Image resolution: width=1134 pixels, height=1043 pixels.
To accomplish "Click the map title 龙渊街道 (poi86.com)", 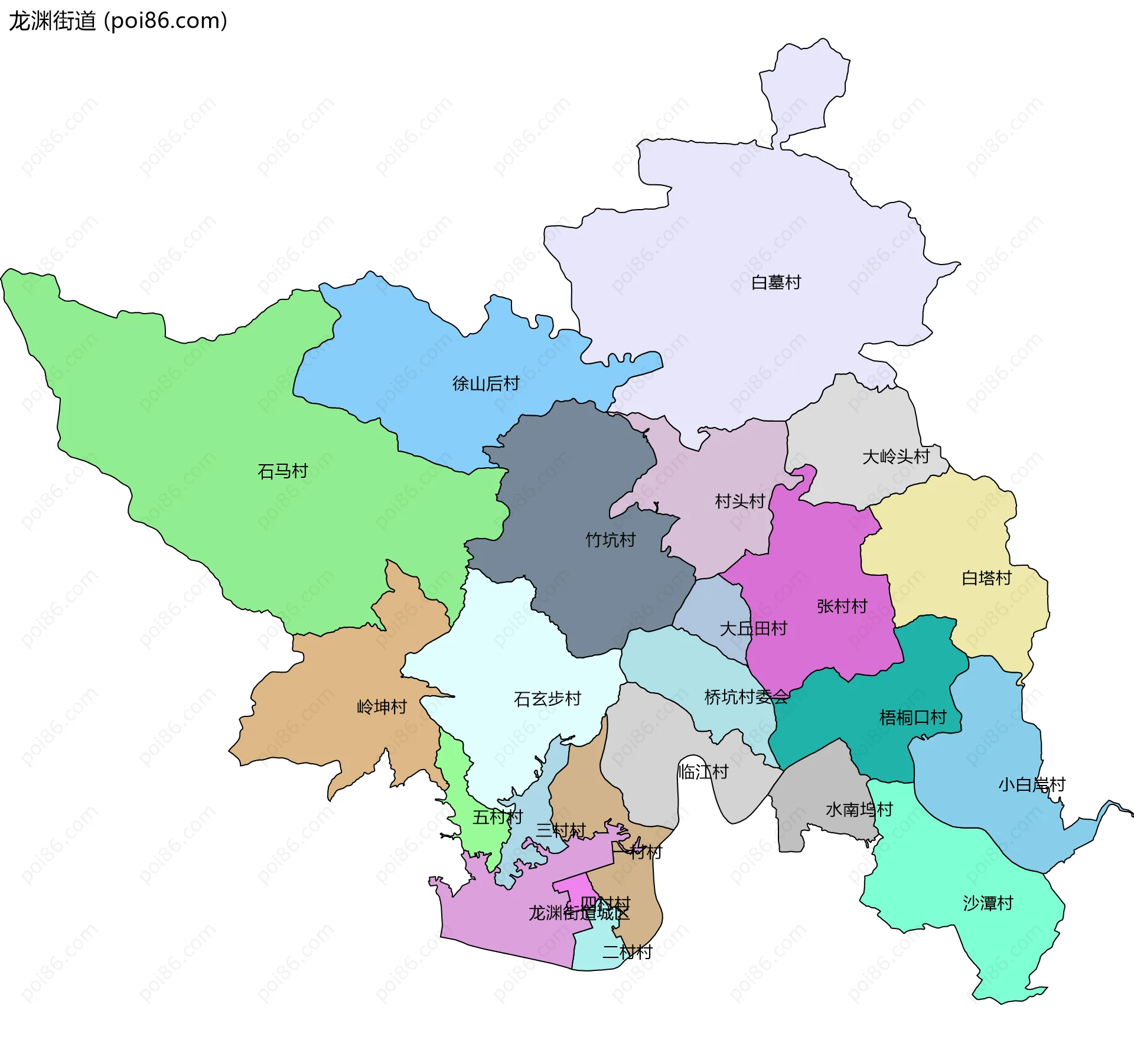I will pos(118,21).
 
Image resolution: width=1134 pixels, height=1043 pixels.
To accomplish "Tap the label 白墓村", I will pos(775,283).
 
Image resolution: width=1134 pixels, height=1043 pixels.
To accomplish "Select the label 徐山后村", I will pos(485,384).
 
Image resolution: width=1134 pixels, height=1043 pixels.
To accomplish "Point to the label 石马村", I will pos(282,471).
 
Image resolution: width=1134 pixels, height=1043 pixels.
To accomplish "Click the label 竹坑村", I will pos(610,540).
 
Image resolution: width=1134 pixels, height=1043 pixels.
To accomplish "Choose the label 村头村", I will pos(739,501).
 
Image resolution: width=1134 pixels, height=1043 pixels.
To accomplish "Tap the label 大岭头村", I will pos(895,457).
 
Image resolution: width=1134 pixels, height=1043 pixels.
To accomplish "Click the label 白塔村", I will pos(986,578).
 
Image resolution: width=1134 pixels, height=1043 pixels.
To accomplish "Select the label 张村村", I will pos(842,607).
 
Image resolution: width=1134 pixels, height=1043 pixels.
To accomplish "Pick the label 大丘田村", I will pos(753,628).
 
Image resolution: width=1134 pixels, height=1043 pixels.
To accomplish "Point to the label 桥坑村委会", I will pos(746,697).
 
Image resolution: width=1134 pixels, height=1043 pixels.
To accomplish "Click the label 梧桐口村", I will pos(913,718).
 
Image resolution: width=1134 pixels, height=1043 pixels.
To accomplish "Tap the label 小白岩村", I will pos(1031,785).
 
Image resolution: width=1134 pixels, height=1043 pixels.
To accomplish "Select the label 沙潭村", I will pos(988,903).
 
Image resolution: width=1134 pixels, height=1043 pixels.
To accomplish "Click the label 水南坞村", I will pos(859,810).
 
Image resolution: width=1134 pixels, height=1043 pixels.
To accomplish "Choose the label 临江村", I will pos(703,772).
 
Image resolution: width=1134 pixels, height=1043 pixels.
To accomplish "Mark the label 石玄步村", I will pos(547,699).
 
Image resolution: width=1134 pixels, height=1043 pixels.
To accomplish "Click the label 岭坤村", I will pos(382,707).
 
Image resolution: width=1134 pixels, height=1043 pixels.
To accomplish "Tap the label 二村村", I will pos(627,952).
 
